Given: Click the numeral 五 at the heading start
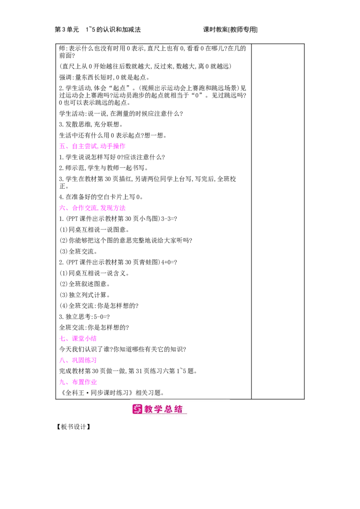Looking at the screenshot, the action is point(62,146).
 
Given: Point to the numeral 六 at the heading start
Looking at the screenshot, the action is point(62,208).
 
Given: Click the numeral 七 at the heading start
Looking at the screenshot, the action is point(62,338).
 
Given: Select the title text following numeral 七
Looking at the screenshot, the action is point(85,338).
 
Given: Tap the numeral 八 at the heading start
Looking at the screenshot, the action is point(62,360).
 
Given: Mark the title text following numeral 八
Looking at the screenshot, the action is point(85,360).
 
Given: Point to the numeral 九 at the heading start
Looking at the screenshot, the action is point(62,382).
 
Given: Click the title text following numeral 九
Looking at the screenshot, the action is point(85,381).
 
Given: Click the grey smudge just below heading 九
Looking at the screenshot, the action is point(81,386).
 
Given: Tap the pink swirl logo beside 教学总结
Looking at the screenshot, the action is point(137,409).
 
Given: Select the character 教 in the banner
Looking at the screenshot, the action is point(149,409).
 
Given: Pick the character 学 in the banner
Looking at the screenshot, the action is point(159,409).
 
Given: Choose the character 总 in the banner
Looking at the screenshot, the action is point(169,409).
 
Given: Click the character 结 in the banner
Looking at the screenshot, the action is point(179,409).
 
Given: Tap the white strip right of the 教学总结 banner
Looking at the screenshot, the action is point(292,410).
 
